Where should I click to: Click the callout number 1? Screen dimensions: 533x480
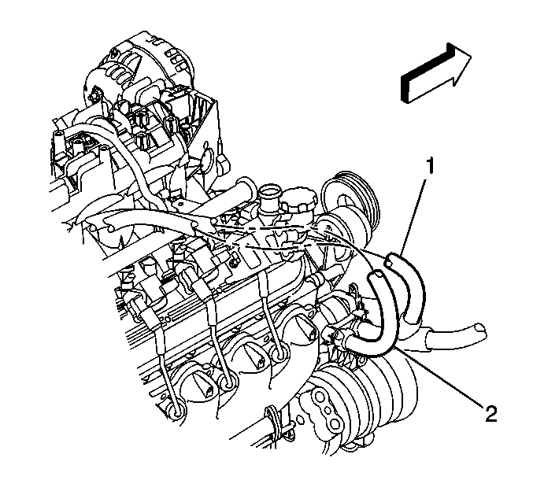point(430,165)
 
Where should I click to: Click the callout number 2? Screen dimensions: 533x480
point(490,414)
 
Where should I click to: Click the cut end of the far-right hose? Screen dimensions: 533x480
point(481,330)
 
